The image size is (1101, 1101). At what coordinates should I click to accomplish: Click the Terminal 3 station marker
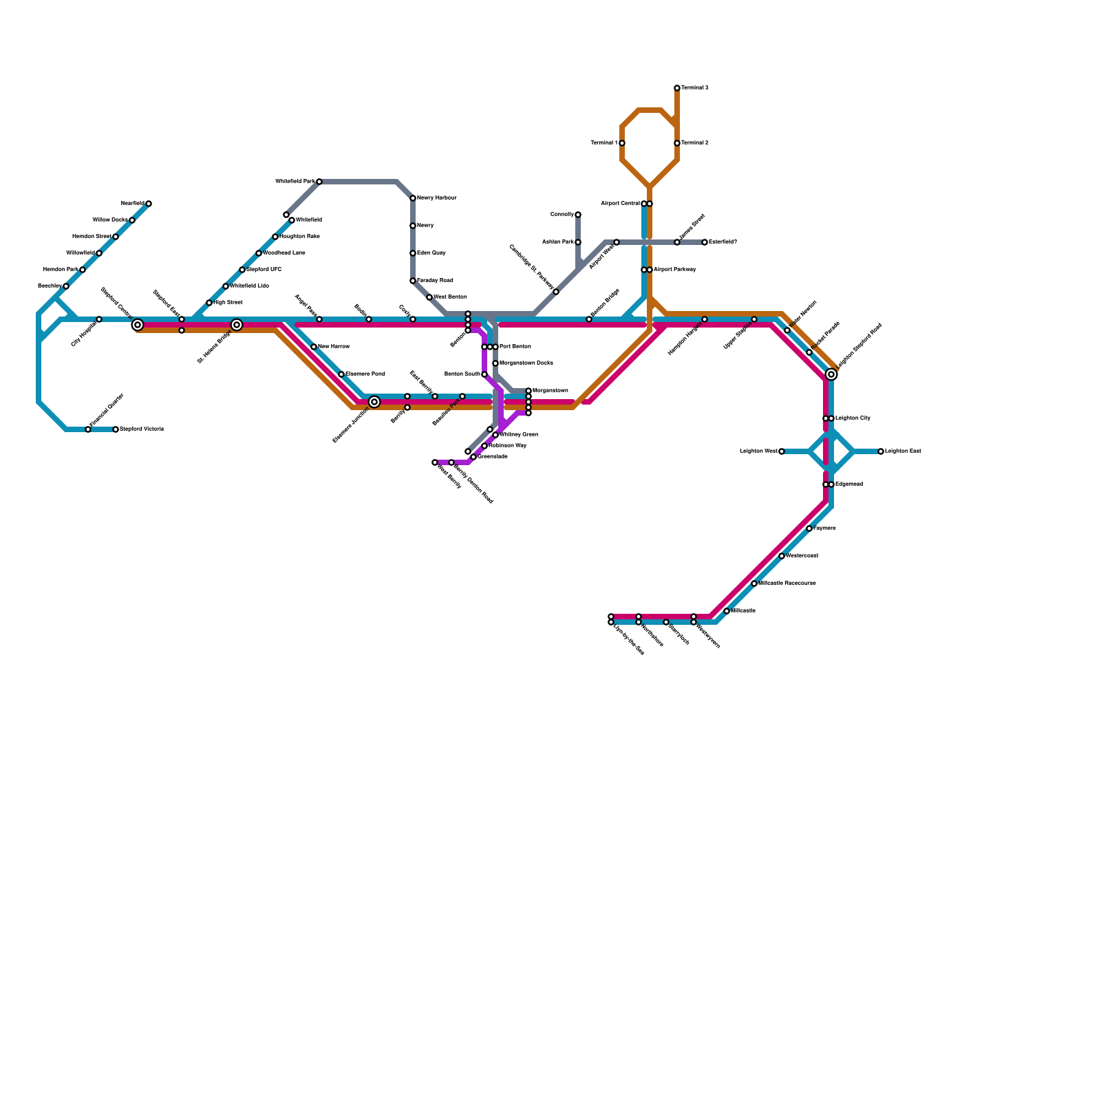click(677, 88)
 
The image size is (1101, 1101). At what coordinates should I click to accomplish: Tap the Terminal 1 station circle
click(622, 143)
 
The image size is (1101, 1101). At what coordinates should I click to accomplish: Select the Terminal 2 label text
click(695, 143)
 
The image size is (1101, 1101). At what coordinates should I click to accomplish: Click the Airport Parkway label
click(674, 270)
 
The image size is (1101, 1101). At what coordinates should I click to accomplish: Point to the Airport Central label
click(620, 204)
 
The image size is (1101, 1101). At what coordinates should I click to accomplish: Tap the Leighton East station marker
click(881, 451)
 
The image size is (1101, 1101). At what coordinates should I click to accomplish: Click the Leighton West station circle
click(782, 451)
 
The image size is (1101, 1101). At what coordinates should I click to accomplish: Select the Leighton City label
click(853, 418)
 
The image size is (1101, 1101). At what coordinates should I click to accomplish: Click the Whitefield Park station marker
click(319, 182)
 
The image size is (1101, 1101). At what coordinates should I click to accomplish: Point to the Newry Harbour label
click(436, 198)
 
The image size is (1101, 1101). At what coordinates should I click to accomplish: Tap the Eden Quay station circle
click(413, 253)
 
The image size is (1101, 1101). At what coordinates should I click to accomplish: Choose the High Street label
click(228, 303)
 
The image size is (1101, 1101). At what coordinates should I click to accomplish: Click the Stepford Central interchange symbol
click(138, 325)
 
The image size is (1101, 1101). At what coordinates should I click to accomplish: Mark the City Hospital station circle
click(99, 319)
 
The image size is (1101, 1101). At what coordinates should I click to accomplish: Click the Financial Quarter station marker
click(88, 429)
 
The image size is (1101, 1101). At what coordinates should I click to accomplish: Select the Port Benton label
click(515, 347)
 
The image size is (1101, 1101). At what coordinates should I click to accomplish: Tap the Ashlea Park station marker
click(578, 242)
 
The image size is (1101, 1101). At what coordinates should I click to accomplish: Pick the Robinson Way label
click(507, 446)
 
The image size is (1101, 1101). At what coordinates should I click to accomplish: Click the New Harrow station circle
click(314, 347)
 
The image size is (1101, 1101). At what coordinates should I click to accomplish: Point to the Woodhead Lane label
click(284, 253)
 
